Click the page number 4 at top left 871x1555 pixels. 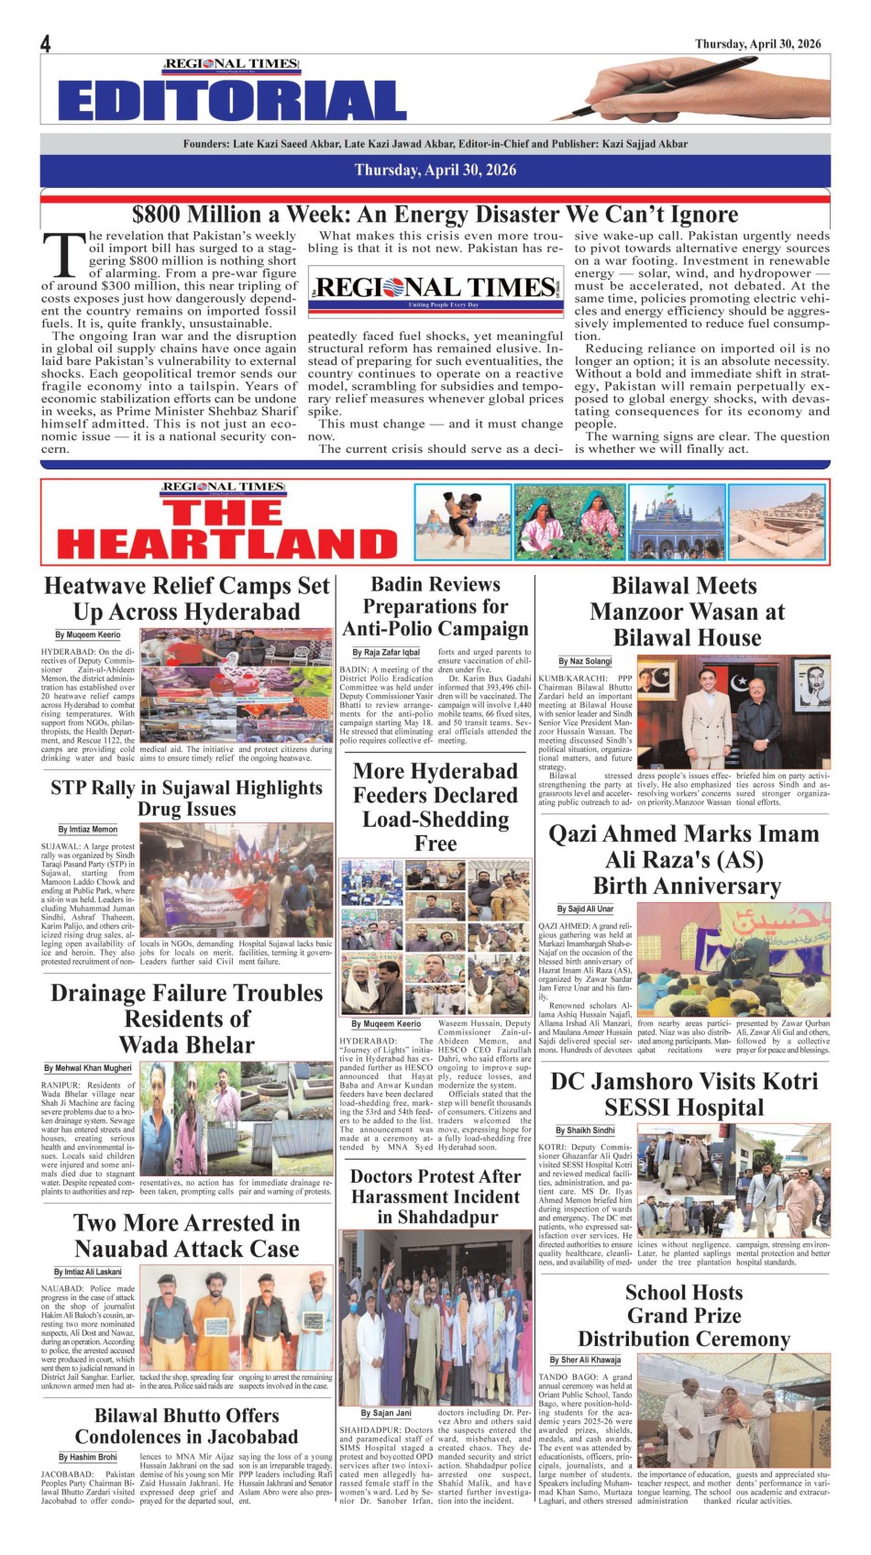45,44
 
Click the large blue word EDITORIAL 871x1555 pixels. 232,101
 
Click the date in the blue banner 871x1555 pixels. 435,170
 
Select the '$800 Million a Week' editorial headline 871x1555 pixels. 435,215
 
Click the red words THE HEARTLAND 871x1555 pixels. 226,529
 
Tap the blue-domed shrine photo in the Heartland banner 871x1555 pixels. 677,522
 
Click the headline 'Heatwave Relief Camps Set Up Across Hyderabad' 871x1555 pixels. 187,599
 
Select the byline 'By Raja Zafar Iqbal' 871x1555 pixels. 391,653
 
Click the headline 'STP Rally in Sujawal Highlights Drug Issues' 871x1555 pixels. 187,798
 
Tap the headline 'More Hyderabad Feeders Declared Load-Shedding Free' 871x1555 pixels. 435,807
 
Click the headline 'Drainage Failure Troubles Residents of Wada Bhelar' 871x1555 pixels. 187,1019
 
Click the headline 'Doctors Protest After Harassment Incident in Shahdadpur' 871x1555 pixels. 435,1197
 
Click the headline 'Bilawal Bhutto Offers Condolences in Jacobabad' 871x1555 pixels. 187,1426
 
